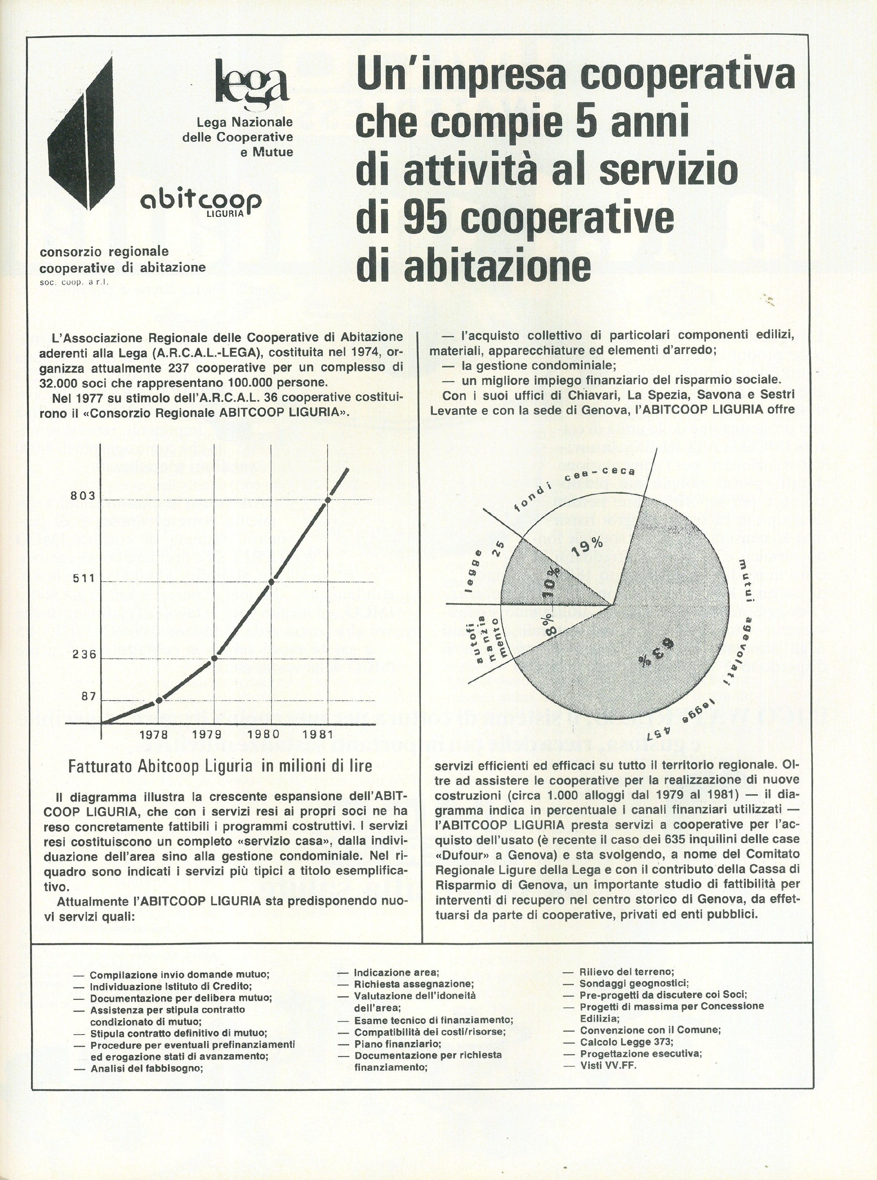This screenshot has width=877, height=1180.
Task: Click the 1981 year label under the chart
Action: [317, 735]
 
